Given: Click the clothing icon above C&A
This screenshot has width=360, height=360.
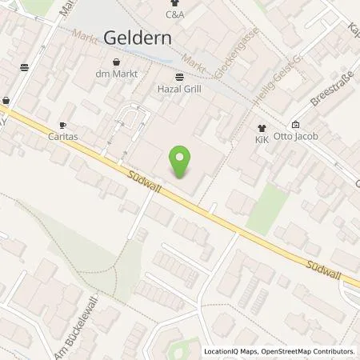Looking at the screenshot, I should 175,2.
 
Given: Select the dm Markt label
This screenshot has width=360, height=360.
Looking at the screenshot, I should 118,74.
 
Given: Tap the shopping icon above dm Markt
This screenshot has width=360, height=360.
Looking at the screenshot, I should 118,62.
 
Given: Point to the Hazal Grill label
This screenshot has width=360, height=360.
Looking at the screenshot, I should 178,89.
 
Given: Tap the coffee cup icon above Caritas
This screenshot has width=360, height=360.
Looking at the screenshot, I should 63,126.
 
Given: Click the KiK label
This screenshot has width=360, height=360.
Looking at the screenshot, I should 261,139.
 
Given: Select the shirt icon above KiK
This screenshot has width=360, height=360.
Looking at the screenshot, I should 261,127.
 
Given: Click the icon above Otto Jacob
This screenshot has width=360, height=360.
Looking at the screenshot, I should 295,124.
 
